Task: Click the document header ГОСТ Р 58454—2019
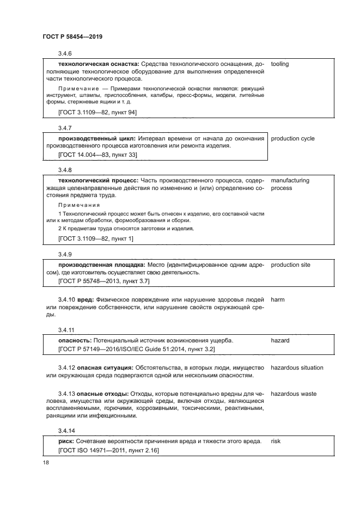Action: pyautogui.click(x=72, y=36)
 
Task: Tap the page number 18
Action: pyautogui.click(x=46, y=462)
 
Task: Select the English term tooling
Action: pyautogui.click(x=279, y=64)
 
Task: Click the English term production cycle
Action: pyautogui.click(x=292, y=139)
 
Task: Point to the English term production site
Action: pyautogui.click(x=290, y=265)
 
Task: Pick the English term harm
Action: pyautogui.click(x=278, y=299)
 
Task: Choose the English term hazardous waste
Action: pyautogui.click(x=294, y=394)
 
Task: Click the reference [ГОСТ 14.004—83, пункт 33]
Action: pyautogui.click(x=97, y=155)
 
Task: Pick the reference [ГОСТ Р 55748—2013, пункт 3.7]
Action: pyautogui.click(x=103, y=281)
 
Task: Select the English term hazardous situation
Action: pyautogui.click(x=297, y=367)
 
